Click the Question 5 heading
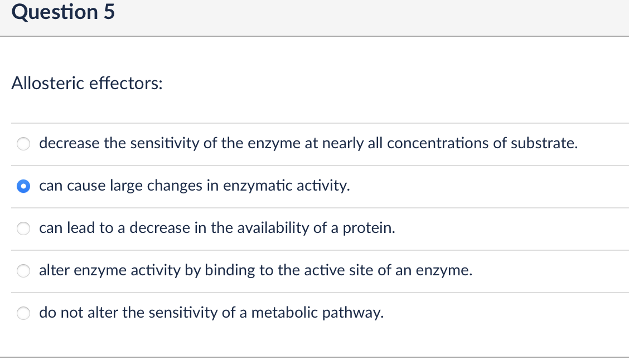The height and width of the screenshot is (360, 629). point(63,12)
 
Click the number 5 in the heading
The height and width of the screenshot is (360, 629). point(109,12)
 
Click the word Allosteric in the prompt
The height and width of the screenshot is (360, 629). point(47,84)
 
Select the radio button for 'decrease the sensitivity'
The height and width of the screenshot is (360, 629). point(23,144)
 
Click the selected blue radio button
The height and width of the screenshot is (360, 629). point(23,186)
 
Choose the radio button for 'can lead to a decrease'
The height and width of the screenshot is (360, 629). point(23,228)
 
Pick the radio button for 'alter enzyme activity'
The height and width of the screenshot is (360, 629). point(23,271)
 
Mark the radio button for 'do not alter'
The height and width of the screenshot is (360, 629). point(23,313)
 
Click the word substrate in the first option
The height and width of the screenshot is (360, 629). point(544,144)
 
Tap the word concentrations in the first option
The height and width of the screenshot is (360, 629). point(436,144)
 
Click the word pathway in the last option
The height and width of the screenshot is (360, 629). point(357,313)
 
